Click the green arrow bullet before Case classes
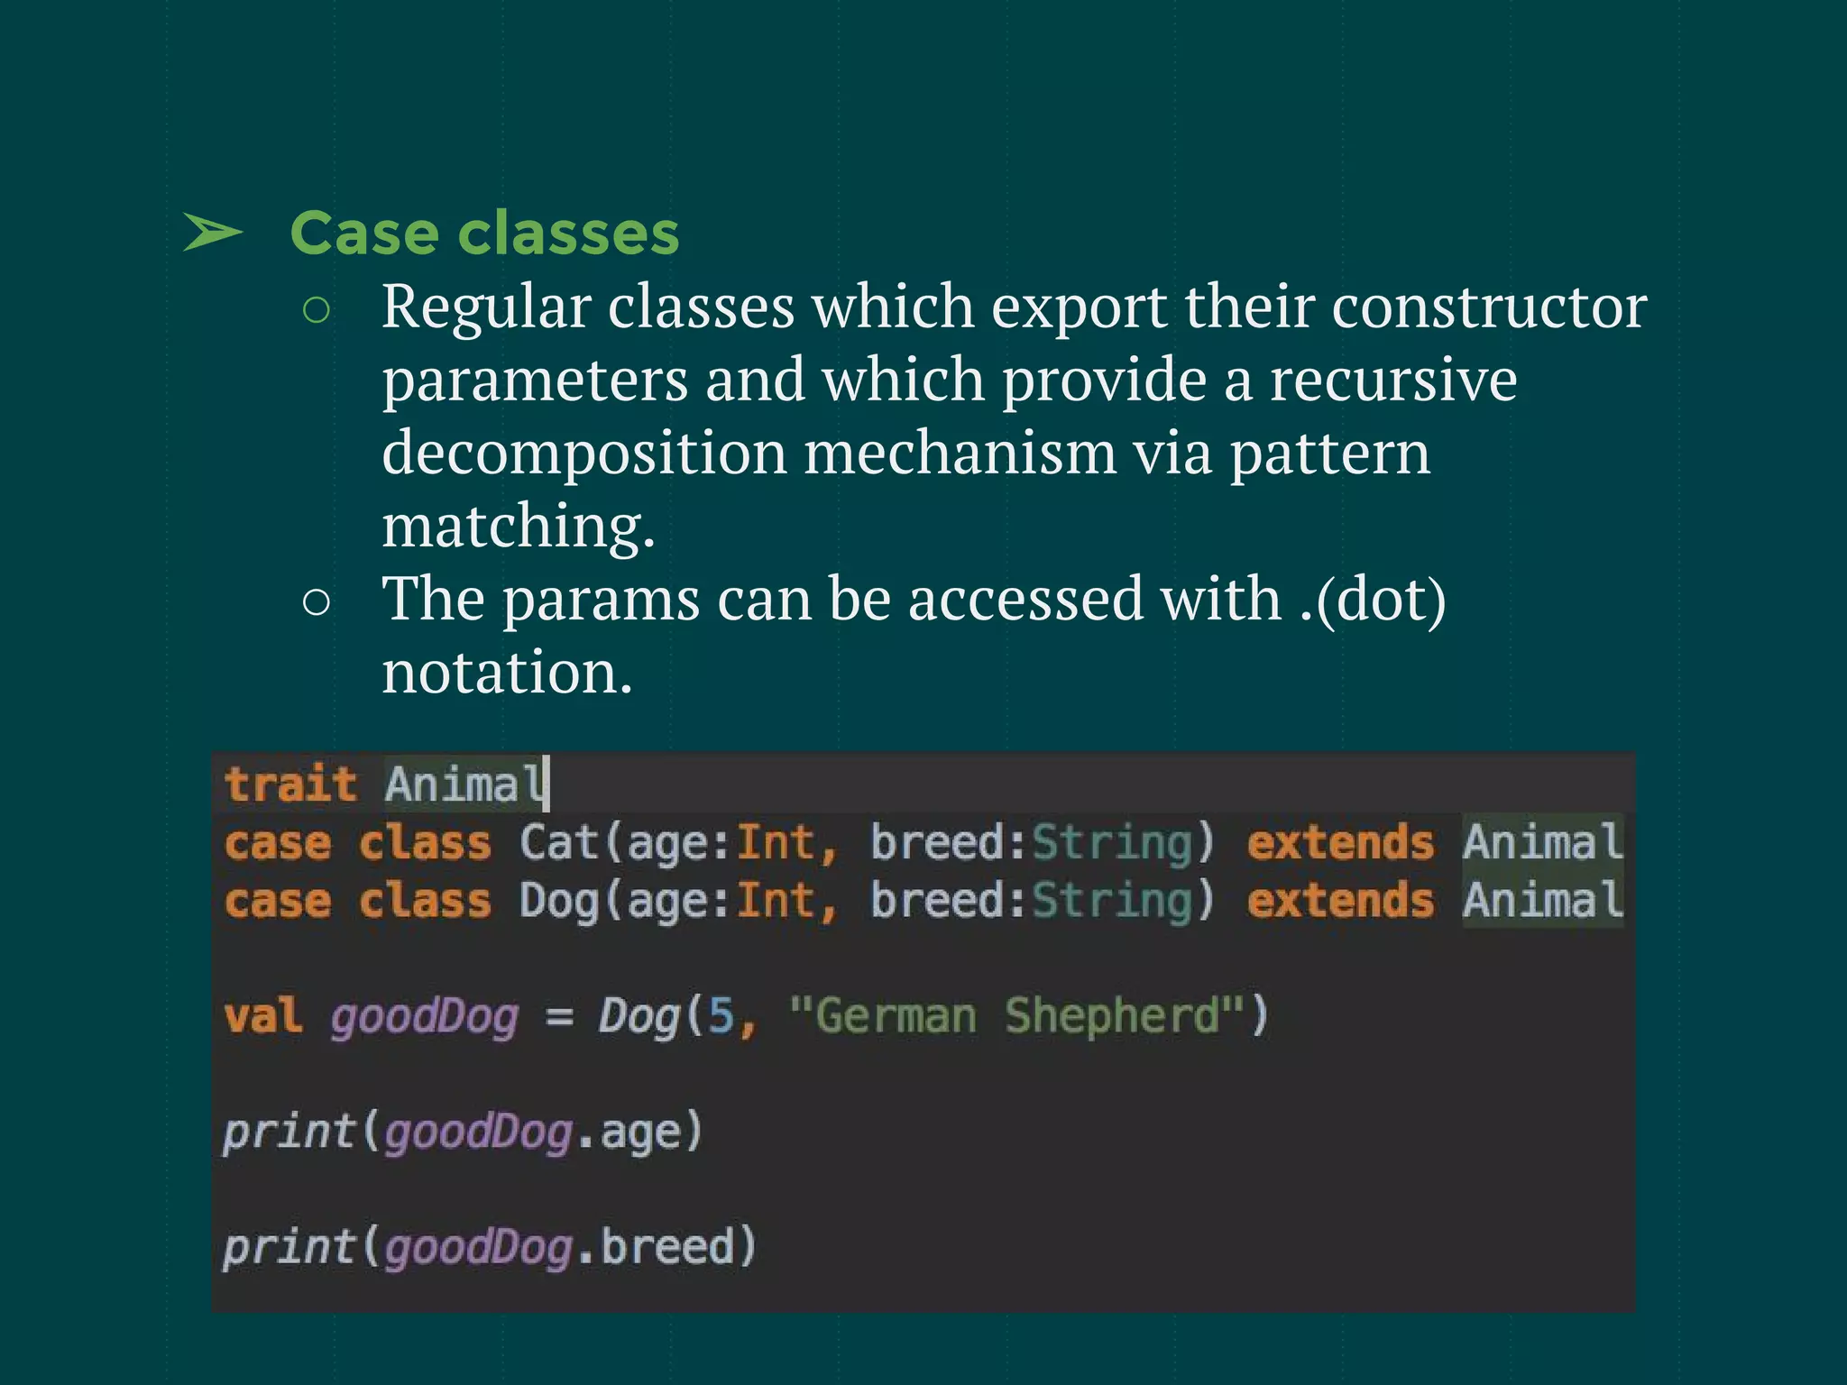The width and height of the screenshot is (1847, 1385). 213,234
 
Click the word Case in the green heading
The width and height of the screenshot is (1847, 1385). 364,234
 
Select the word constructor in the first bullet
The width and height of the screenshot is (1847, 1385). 1489,307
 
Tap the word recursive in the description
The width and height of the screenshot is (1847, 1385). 1393,380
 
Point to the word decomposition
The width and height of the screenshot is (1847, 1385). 584,453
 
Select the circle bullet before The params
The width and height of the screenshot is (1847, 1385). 317,602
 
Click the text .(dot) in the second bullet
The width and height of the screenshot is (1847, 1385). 1373,600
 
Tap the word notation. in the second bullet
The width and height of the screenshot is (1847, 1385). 507,673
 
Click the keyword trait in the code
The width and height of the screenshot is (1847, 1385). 290,784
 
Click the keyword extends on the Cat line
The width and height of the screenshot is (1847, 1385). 1340,843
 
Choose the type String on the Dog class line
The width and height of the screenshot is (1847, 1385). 1112,901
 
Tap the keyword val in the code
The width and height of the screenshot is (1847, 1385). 262,1015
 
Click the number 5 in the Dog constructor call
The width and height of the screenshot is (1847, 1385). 721,1015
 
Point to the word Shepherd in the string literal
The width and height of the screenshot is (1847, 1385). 1112,1015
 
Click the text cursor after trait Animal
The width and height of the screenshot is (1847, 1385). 547,783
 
